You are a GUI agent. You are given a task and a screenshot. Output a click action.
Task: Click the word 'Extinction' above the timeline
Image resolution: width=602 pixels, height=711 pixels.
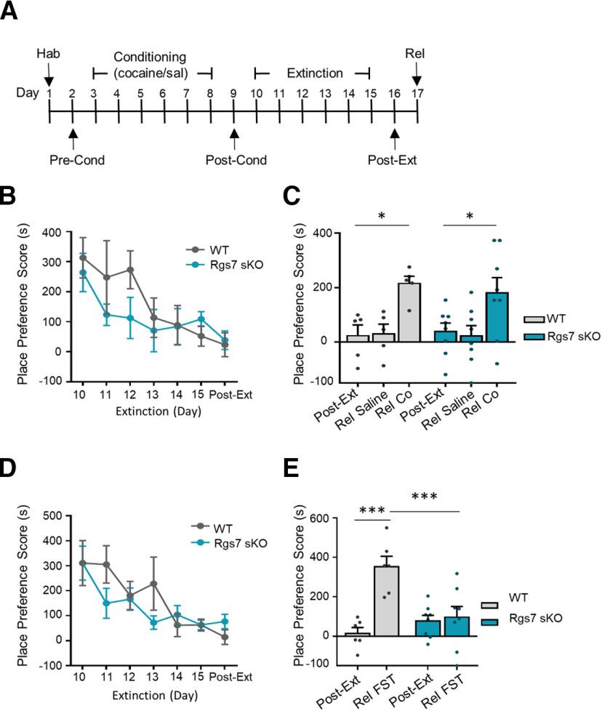click(x=314, y=73)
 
